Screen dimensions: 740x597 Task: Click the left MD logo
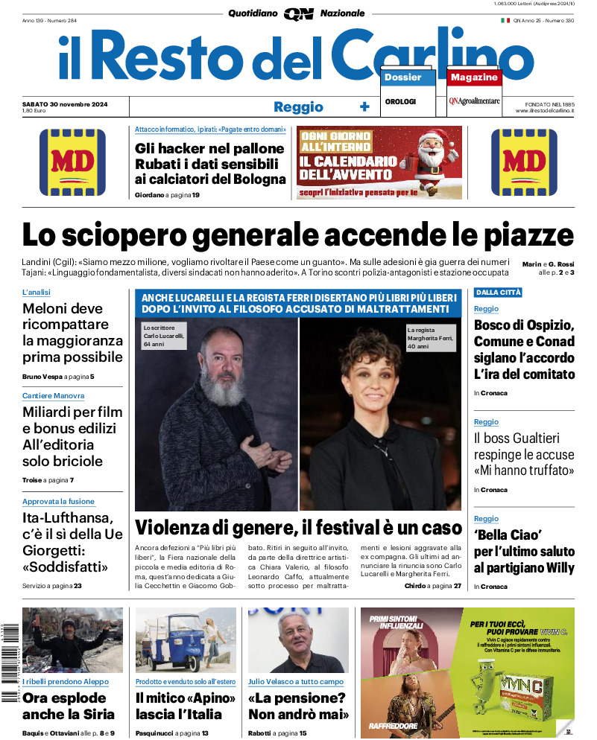tap(72, 162)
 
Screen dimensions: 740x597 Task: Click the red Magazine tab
tap(474, 77)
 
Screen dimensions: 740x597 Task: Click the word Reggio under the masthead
tap(298, 106)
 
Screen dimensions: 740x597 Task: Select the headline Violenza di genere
tap(298, 528)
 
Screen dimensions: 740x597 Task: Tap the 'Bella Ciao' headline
tap(524, 552)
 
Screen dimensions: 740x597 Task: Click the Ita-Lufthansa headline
tap(67, 542)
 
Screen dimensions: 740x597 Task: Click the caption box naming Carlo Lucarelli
tap(164, 336)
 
